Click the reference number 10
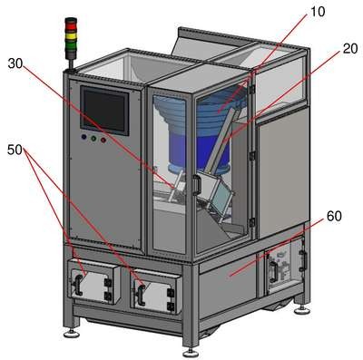(318, 12)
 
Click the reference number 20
(350, 48)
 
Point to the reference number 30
(15, 63)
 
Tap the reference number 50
(15, 150)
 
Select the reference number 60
(334, 216)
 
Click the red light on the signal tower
(72, 26)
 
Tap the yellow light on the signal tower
(72, 36)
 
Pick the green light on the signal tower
(72, 46)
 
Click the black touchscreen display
(104, 111)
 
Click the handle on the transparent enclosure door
(197, 185)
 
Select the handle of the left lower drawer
(78, 285)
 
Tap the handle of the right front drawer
(141, 294)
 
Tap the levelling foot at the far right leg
(302, 309)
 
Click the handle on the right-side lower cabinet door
(273, 272)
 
